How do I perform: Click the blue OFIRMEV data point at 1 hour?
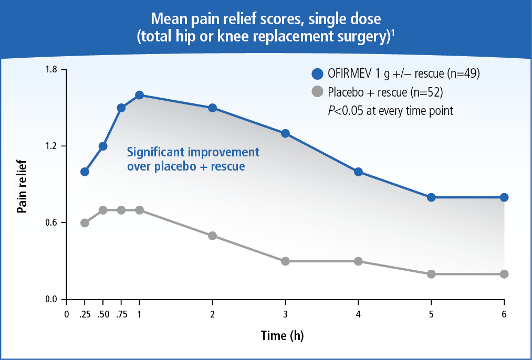(139, 95)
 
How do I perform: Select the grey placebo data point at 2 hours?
(212, 236)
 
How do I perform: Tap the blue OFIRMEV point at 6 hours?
(504, 197)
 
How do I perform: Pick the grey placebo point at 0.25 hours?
(85, 223)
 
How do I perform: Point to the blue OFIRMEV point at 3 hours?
(285, 133)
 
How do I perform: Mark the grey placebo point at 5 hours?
(431, 274)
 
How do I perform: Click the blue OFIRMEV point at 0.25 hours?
(85, 172)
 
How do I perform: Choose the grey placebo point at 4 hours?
(358, 261)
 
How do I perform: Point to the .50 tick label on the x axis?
(103, 314)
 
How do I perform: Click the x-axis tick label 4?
(358, 314)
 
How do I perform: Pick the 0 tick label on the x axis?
(66, 314)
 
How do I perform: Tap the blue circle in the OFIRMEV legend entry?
(317, 74)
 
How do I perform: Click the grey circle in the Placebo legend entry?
(317, 92)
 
